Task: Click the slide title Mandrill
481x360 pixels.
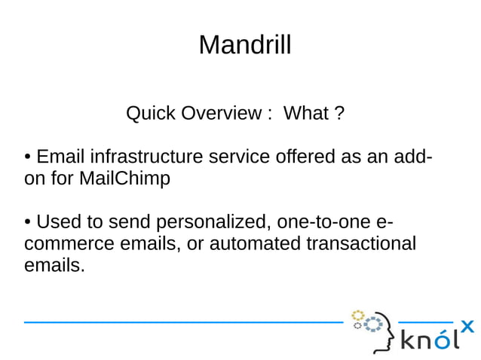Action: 244,46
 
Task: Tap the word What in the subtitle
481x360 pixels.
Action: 306,114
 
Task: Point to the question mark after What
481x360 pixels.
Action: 339,114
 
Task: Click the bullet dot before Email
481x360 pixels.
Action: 27,158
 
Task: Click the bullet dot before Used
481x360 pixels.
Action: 27,224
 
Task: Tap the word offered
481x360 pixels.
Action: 310,158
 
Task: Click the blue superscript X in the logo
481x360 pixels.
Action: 467,326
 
